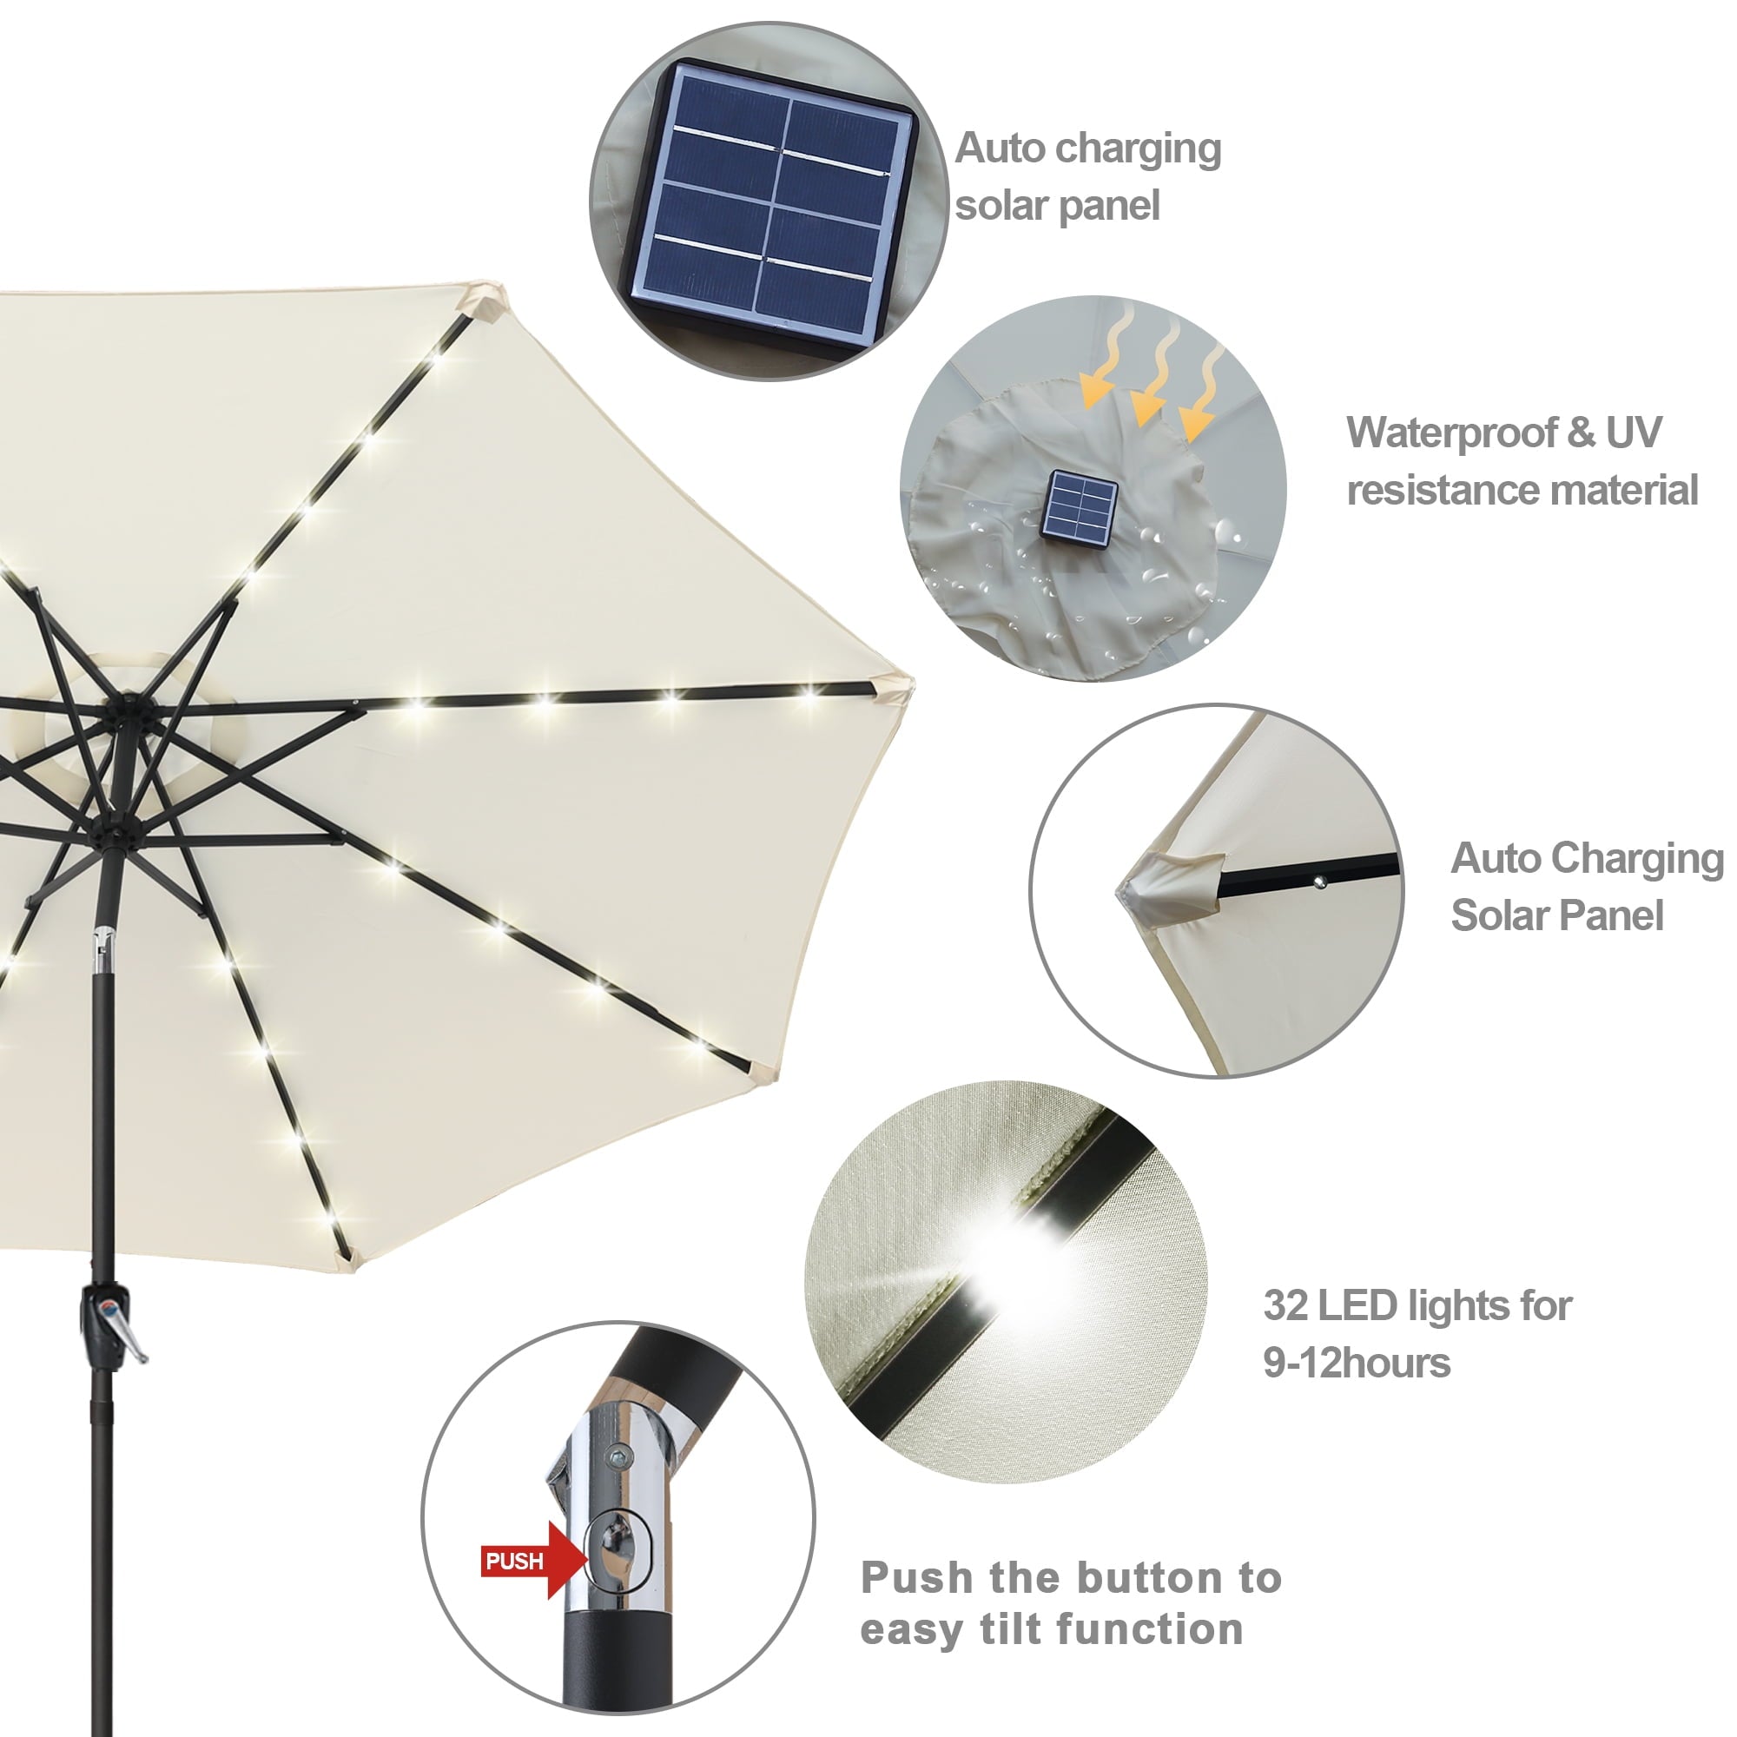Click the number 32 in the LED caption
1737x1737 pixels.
pyautogui.click(x=1285, y=1305)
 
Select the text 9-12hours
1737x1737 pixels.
pyautogui.click(x=1356, y=1363)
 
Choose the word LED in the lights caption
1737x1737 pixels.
pyautogui.click(x=1356, y=1305)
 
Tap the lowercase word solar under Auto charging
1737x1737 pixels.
pyautogui.click(x=999, y=206)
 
